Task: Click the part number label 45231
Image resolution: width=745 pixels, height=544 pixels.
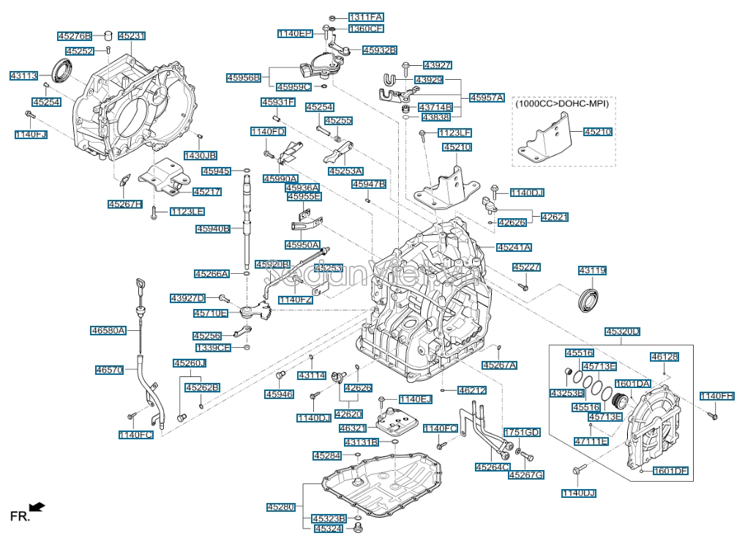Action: tap(132, 35)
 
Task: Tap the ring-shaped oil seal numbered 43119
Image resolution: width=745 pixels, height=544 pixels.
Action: tap(588, 299)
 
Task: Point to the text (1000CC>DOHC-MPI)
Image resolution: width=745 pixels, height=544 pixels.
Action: tap(563, 104)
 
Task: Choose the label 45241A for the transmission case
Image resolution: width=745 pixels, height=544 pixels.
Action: tap(514, 247)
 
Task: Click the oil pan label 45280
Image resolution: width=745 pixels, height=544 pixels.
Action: tap(280, 507)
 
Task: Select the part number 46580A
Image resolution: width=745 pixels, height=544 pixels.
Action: tap(108, 330)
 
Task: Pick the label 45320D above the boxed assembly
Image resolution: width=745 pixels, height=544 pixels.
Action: tap(622, 332)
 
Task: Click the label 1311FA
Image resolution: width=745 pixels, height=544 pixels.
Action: tap(365, 17)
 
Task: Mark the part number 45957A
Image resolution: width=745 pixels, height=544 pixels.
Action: tap(487, 97)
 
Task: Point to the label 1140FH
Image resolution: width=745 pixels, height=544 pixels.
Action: tap(716, 396)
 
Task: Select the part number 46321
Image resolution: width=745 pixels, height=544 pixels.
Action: tap(353, 428)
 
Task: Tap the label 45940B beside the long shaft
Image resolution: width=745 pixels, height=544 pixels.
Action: tap(213, 229)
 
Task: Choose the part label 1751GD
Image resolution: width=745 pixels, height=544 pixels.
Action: tap(521, 433)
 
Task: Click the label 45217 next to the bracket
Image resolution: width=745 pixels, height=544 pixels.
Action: tap(207, 192)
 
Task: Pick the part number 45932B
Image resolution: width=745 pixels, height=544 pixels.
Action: tap(378, 50)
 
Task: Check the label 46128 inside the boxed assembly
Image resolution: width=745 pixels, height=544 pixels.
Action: tap(664, 357)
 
